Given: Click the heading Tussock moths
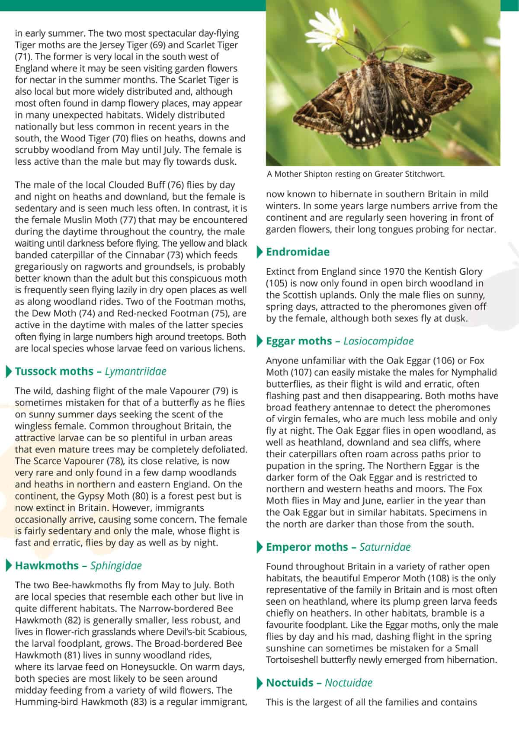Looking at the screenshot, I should point(54,372).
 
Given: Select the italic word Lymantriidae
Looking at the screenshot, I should point(135,372).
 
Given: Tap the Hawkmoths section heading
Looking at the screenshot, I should point(47,566).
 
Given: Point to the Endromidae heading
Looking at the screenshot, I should point(298,252).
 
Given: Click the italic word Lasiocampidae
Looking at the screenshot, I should point(378,341).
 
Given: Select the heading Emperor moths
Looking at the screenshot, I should point(308,547).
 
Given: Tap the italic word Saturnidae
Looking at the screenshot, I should point(385,547).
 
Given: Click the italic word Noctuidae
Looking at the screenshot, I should point(349,683).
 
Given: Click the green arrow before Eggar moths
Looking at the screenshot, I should point(259,341).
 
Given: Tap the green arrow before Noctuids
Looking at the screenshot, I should point(259,683).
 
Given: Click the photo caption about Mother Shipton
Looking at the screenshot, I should point(356,174).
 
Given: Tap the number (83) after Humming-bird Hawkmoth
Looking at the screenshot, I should point(138,702).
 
